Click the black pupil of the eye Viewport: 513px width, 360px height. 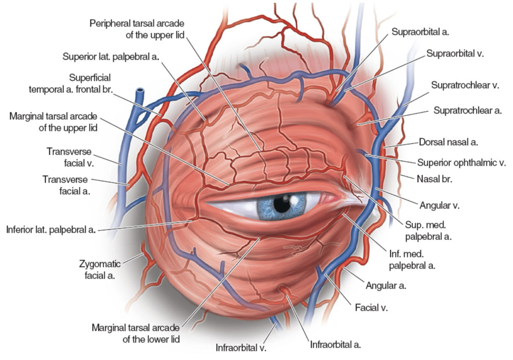pos(282,204)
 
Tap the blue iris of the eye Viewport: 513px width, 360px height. pos(268,207)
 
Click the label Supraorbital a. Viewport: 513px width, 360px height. pos(420,33)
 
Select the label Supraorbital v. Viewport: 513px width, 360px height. pos(455,53)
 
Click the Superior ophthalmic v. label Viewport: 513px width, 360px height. pos(461,163)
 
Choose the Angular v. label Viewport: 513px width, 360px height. pos(439,205)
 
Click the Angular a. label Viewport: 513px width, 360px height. pos(386,286)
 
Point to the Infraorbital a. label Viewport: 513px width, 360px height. pos(335,344)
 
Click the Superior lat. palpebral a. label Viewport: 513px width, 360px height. pos(111,57)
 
